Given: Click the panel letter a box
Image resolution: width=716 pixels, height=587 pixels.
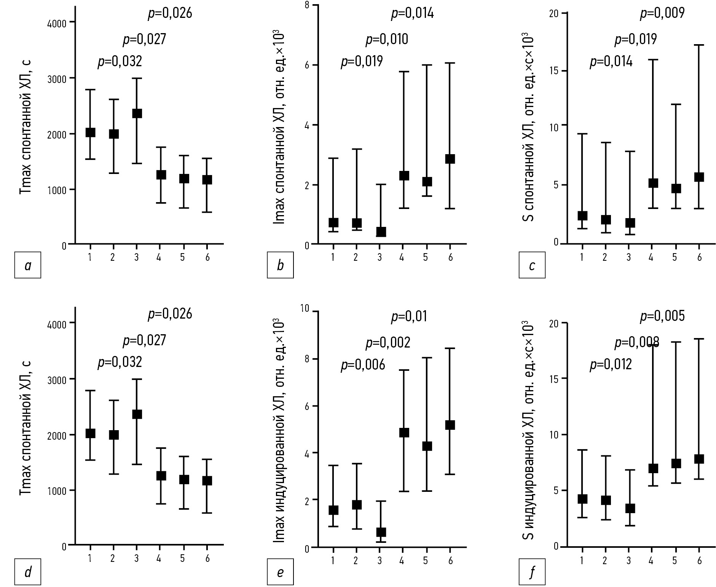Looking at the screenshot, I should (x=28, y=265).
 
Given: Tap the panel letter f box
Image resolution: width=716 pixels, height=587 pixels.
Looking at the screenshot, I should (x=532, y=572).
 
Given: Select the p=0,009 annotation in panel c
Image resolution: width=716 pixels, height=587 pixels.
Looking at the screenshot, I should (x=662, y=13).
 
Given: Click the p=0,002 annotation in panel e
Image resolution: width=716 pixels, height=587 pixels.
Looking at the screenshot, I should (x=388, y=343).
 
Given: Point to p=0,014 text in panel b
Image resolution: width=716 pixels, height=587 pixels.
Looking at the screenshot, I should (x=412, y=14).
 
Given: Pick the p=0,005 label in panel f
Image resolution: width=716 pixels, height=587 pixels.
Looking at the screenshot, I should (x=662, y=316).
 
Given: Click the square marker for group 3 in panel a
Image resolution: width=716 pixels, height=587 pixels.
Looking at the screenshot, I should (x=137, y=113).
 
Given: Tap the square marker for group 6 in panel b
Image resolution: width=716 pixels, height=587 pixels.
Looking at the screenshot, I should (x=450, y=159).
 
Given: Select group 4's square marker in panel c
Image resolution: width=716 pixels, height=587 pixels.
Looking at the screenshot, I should (x=653, y=183).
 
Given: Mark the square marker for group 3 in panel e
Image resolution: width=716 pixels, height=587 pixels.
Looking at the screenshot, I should (x=381, y=532).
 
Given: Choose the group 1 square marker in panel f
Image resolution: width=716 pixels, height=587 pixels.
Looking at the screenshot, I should (x=582, y=499).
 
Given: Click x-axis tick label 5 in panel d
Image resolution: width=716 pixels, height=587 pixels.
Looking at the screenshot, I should (x=182, y=558).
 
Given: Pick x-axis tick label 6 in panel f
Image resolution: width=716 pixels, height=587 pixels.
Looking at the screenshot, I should (x=699, y=560).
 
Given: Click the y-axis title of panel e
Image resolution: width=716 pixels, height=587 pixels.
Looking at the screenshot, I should (x=279, y=429).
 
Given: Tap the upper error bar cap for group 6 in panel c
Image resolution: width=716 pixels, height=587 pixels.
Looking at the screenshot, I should (x=699, y=45).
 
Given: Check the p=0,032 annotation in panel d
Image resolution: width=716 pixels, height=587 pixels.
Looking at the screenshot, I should (x=120, y=362).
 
